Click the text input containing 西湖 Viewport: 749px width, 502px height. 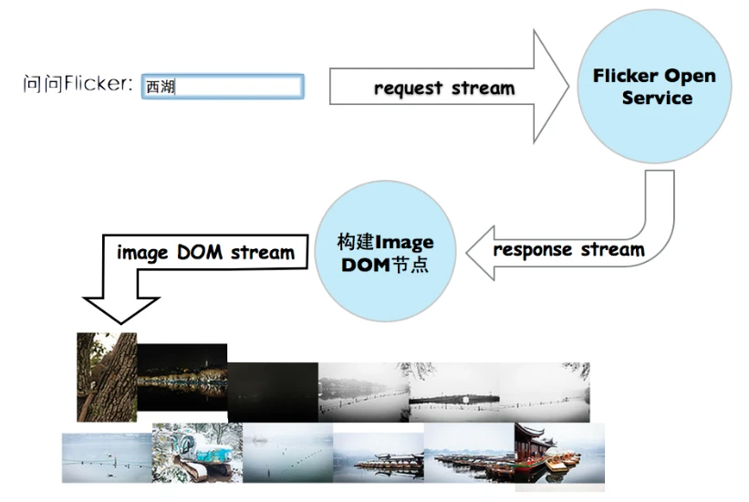[223, 87]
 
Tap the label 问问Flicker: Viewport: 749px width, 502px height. [78, 84]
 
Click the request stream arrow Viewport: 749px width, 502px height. [449, 87]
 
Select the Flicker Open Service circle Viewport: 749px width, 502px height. [654, 87]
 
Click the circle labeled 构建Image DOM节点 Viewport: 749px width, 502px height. [385, 251]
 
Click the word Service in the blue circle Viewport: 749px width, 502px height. [657, 98]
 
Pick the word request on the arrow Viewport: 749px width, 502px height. [409, 89]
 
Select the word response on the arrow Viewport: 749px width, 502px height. [532, 250]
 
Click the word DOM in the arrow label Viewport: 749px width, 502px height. [200, 252]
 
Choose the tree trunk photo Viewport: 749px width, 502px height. [107, 377]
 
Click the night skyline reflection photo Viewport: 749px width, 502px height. [182, 377]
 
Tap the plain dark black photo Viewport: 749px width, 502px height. [273, 392]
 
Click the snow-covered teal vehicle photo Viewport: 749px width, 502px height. [197, 453]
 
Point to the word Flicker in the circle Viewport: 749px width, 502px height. [625, 76]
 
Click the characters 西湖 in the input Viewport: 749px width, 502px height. [160, 87]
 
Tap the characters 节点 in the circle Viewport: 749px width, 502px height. [410, 265]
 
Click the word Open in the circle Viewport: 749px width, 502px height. [691, 77]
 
